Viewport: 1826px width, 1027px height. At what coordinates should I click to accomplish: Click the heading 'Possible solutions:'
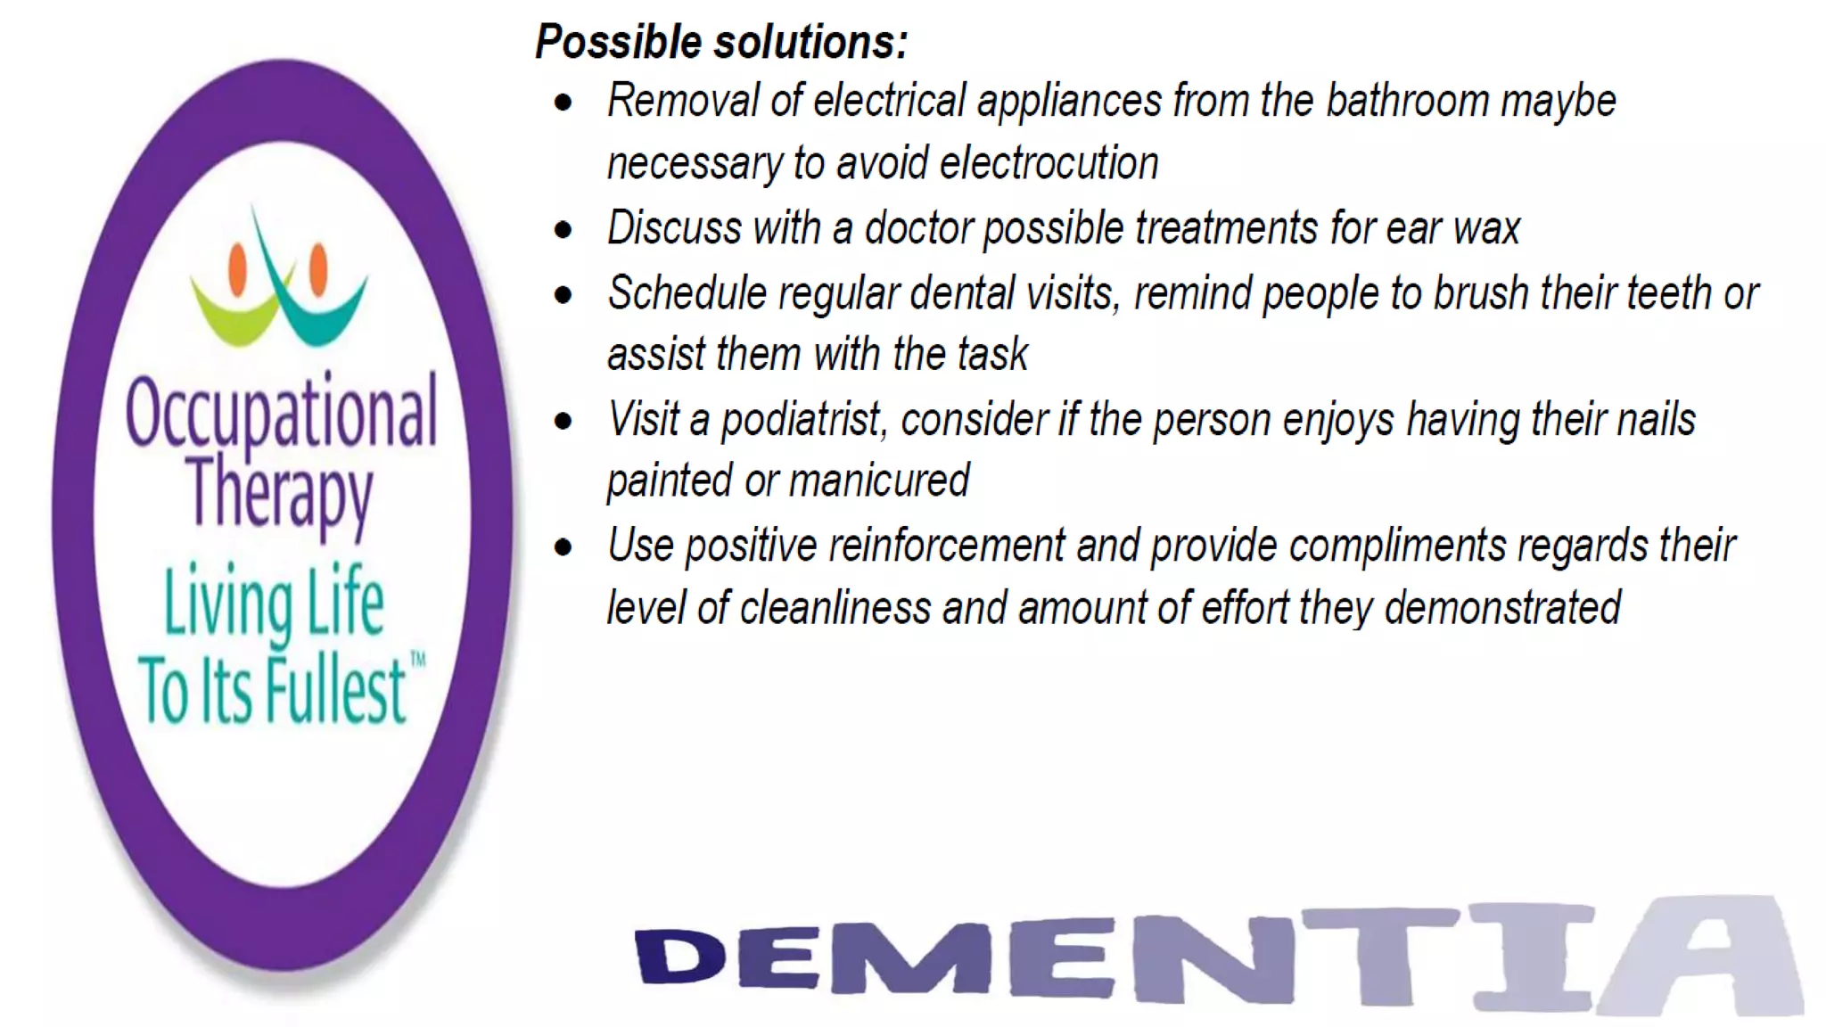[x=721, y=42]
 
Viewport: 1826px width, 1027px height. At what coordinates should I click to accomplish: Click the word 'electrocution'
[x=1049, y=164]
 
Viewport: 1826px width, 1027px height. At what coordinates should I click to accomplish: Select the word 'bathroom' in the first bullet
[x=1408, y=101]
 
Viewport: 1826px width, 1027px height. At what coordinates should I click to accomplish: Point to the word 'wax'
[x=1486, y=228]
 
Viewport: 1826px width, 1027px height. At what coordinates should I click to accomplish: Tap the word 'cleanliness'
[x=835, y=608]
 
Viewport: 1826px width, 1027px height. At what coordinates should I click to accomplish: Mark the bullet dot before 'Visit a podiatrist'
[x=563, y=421]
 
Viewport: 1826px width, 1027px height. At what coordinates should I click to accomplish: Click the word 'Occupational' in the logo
[x=281, y=412]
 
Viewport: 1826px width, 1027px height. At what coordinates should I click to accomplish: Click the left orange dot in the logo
[x=238, y=268]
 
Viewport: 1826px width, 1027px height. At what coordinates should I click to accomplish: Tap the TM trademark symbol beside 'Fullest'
[x=417, y=660]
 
